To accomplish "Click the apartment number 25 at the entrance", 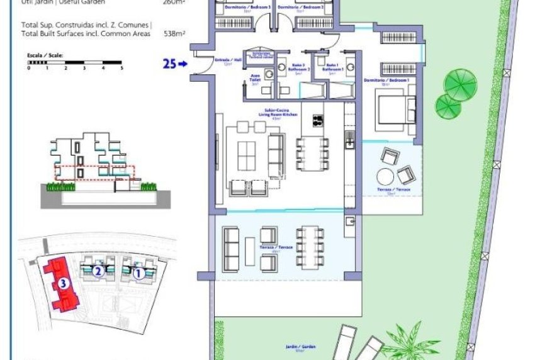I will point(168,63).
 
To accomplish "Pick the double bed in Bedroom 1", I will point(392,108).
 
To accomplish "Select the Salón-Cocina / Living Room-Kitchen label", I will point(277,113).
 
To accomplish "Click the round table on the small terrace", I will point(385,176).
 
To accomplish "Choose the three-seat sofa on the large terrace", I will point(231,247).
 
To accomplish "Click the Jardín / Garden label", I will point(308,347).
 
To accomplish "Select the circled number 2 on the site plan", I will point(98,272).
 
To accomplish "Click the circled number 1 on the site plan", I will point(137,274).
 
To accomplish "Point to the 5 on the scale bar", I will point(121,68).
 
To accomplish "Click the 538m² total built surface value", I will point(172,34).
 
